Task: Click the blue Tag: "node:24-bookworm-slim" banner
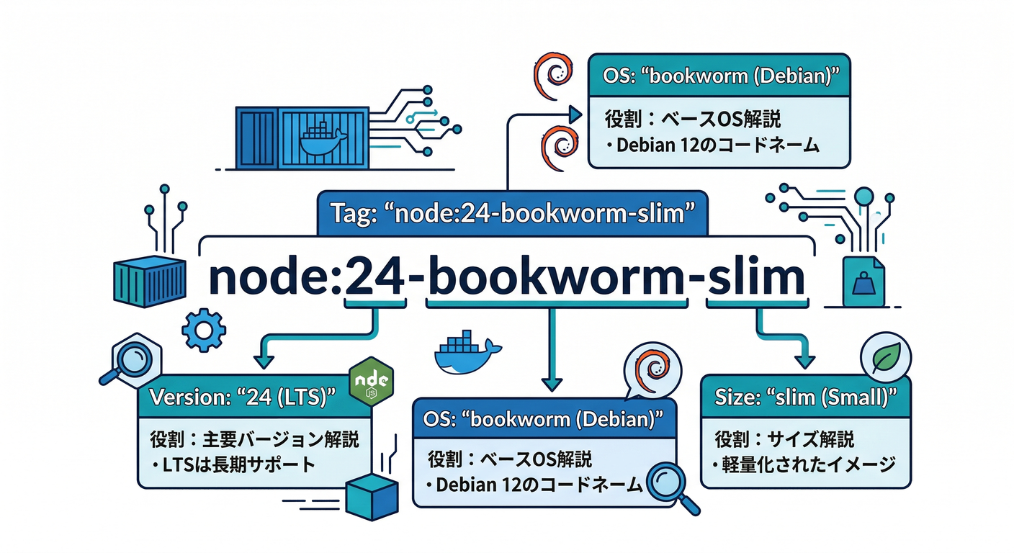click(x=512, y=213)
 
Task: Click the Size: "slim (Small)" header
click(x=804, y=396)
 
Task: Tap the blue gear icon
click(x=204, y=331)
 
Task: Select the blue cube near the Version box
click(x=372, y=495)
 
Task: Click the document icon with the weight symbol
click(x=861, y=285)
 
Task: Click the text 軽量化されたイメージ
click(x=804, y=464)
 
